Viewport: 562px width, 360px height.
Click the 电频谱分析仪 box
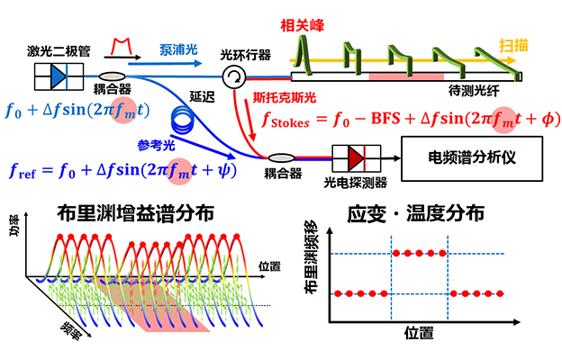472,158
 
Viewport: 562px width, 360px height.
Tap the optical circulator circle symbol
233,76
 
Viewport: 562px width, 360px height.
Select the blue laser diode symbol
59,76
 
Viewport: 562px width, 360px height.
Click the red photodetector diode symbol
357,158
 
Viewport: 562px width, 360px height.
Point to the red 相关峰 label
302,26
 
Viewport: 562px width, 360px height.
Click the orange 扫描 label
513,46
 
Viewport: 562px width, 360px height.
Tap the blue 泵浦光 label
178,49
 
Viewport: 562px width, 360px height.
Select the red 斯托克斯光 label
285,97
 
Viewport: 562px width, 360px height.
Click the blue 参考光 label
157,146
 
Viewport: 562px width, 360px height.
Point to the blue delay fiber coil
183,120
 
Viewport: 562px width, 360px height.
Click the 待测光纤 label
474,91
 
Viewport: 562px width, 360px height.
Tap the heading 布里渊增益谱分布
136,214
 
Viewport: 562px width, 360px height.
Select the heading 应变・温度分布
416,214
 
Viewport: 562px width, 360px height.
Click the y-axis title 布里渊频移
311,256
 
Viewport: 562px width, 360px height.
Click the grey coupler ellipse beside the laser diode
113,76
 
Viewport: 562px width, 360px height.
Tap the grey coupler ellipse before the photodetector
282,158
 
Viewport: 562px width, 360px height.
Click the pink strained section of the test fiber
406,76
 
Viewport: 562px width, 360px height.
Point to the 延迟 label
202,96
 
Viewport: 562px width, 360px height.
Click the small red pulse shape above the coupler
122,46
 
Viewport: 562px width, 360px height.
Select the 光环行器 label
246,55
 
